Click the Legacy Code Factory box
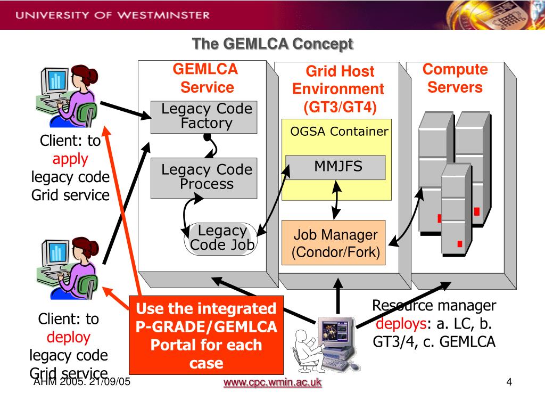[204, 117]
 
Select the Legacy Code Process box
[204, 178]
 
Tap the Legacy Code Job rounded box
[221, 239]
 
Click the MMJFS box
[335, 167]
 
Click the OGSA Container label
[339, 132]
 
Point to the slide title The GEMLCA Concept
[272, 44]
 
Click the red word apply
[70, 159]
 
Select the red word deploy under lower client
[69, 337]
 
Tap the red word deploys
[401, 324]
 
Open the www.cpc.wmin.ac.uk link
[272, 382]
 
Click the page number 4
[509, 382]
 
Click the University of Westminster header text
[113, 15]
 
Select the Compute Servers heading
[455, 78]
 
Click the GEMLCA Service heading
[206, 78]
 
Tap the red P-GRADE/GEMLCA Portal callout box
[206, 336]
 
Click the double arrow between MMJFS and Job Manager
[336, 200]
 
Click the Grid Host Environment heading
[338, 89]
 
